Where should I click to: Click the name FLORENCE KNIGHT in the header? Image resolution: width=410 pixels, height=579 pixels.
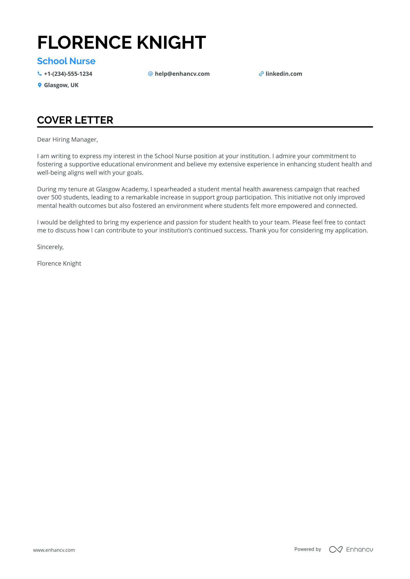(122, 43)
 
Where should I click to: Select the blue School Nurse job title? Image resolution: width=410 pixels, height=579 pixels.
(66, 61)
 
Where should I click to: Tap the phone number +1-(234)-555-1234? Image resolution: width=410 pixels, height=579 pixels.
(68, 74)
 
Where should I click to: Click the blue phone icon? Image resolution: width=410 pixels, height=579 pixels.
(40, 74)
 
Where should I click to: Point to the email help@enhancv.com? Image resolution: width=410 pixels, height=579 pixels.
(182, 74)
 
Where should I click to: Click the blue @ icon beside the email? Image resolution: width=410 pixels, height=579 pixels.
(150, 74)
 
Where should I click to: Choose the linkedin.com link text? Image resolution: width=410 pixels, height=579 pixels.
(284, 74)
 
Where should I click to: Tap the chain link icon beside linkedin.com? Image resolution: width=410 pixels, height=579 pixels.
(261, 74)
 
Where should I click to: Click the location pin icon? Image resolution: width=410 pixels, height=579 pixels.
(40, 85)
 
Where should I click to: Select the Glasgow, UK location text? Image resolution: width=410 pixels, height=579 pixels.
(61, 85)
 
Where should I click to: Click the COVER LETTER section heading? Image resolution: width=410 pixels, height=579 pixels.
(75, 120)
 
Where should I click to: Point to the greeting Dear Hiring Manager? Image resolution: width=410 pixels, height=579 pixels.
(67, 140)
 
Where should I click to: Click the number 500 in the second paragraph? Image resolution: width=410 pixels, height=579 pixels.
(56, 197)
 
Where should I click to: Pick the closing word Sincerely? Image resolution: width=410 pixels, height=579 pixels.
(50, 247)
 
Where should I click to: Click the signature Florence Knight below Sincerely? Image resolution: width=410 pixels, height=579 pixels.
(59, 264)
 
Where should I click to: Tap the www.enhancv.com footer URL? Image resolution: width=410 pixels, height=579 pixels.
(54, 550)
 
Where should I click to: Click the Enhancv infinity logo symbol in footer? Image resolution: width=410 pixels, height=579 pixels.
(336, 549)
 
